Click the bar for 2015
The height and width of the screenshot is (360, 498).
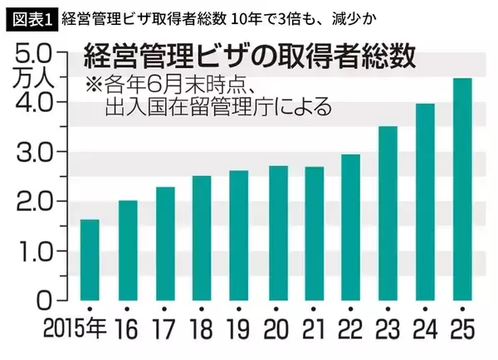[90, 260]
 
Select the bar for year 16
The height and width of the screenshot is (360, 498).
[127, 250]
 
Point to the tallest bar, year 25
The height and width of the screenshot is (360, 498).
[462, 188]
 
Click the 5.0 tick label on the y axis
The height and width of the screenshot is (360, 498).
[34, 53]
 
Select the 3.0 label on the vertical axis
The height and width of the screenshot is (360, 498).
[34, 152]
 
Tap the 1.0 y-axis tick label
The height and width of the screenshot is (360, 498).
[34, 251]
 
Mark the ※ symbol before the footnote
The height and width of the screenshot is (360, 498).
[90, 85]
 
